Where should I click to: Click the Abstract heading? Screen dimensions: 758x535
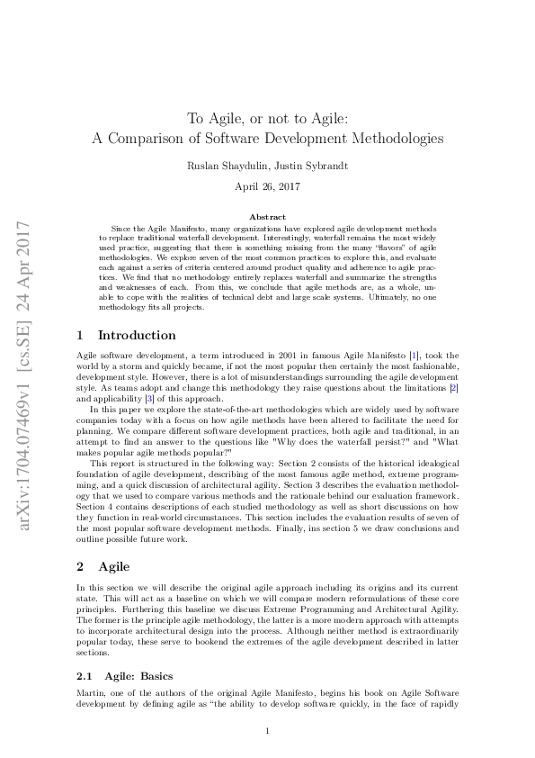tap(267, 217)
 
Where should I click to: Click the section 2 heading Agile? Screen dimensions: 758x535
tap(114, 566)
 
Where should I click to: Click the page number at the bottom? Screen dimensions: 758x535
tap(267, 731)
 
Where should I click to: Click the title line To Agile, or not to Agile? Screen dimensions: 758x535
tap(267, 118)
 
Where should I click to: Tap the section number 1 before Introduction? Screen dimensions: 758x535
tap(80, 335)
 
